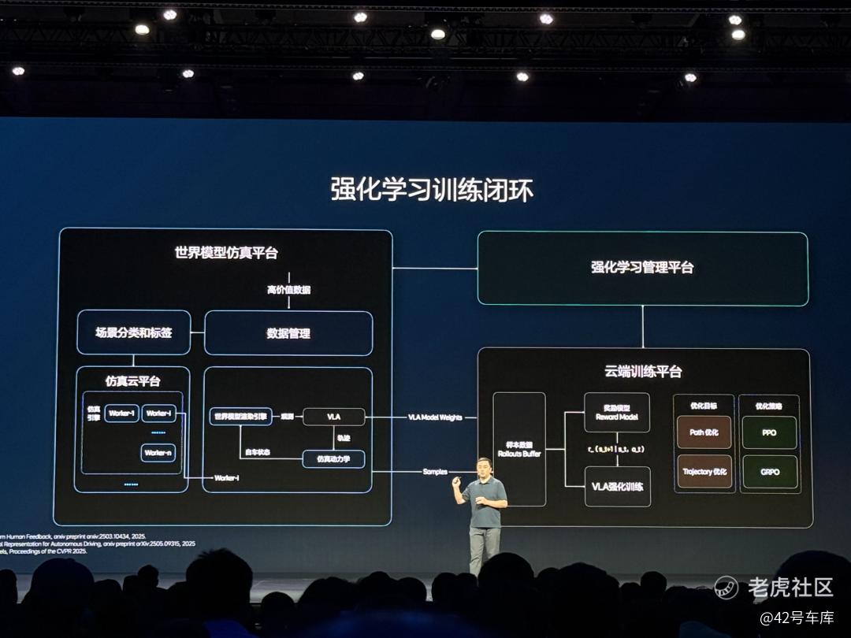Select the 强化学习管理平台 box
point(642,268)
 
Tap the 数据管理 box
point(288,333)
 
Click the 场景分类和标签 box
point(133,332)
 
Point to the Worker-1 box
point(122,414)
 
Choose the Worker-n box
point(158,453)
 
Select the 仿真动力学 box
point(334,458)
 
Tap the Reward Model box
point(617,412)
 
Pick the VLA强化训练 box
point(617,487)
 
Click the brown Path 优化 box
point(704,432)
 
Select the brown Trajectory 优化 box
point(704,472)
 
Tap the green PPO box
point(769,432)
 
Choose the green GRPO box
point(769,472)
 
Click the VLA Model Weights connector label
point(435,417)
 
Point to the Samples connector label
point(435,472)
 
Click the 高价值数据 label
point(288,290)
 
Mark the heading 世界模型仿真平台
point(226,254)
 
